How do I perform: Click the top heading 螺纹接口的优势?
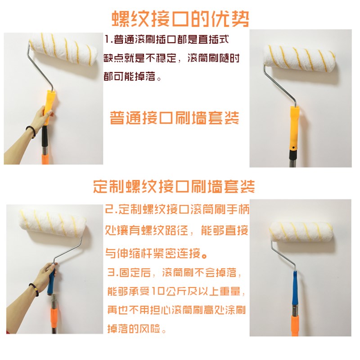tap(180, 18)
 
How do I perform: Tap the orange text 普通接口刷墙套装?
tap(174, 118)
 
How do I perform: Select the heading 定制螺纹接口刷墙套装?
tap(174, 186)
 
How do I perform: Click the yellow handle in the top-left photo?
tap(49, 106)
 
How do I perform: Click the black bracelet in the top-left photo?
tap(31, 131)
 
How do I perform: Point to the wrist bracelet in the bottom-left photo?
tap(33, 288)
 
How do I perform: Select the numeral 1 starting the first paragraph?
tap(106, 40)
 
